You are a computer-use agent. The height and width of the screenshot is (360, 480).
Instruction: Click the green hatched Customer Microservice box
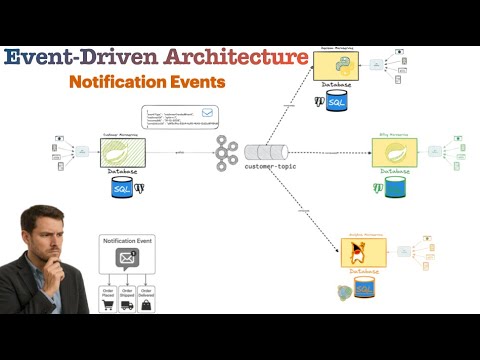123,153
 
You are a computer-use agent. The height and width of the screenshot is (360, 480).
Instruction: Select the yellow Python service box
336,67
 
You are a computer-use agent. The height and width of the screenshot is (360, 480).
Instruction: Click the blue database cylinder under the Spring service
395,187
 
